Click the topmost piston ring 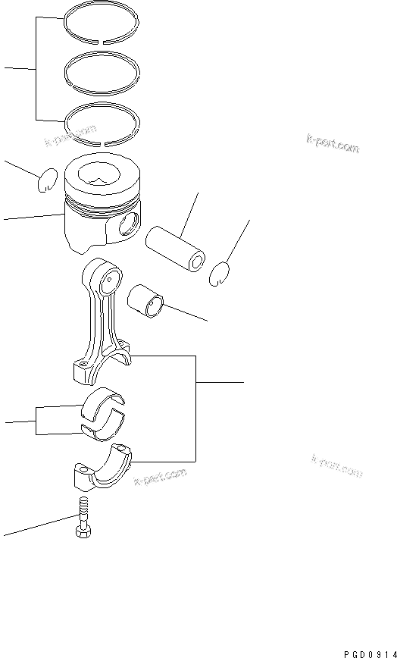coord(101,17)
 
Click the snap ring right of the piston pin coord(219,273)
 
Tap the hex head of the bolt coord(83,531)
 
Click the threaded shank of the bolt coord(83,510)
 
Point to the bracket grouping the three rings coord(36,69)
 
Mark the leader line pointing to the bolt coord(38,526)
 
